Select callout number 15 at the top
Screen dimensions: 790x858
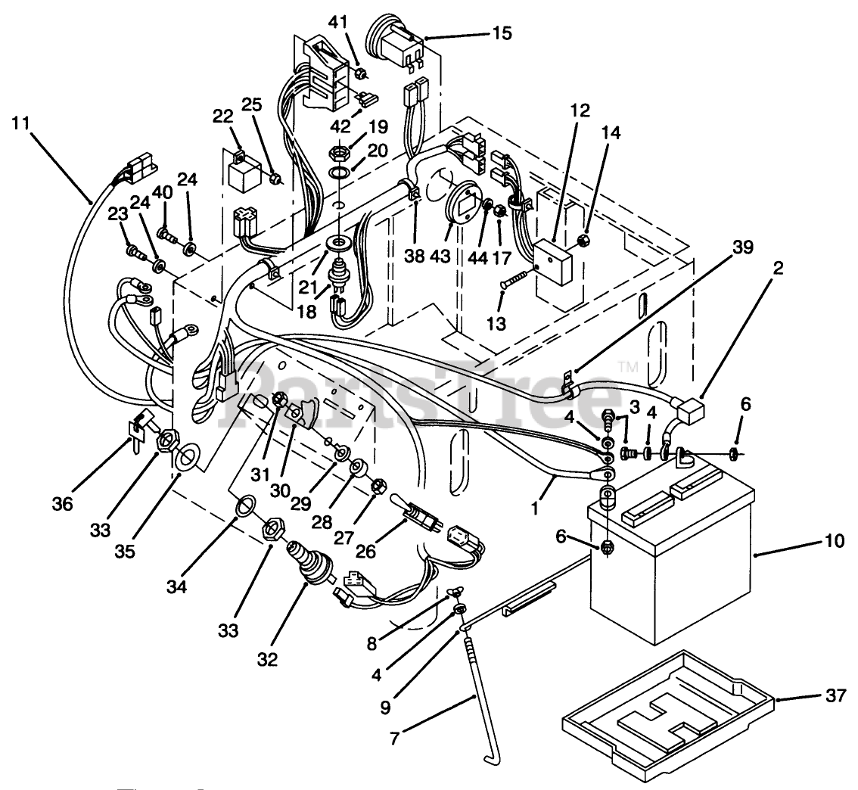click(x=502, y=33)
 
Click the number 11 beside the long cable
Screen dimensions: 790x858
click(x=21, y=122)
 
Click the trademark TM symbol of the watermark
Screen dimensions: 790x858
click(x=630, y=367)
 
